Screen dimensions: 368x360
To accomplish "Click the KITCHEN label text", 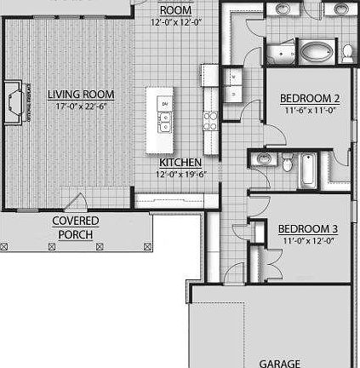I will (180, 162).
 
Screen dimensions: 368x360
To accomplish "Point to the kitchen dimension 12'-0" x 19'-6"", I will (180, 173).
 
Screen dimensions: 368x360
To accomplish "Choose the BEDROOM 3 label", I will (308, 228).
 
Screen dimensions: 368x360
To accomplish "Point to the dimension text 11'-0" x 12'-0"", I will (308, 240).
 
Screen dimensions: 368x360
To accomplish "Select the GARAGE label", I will (280, 363).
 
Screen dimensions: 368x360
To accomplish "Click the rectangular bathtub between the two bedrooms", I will (307, 170).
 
